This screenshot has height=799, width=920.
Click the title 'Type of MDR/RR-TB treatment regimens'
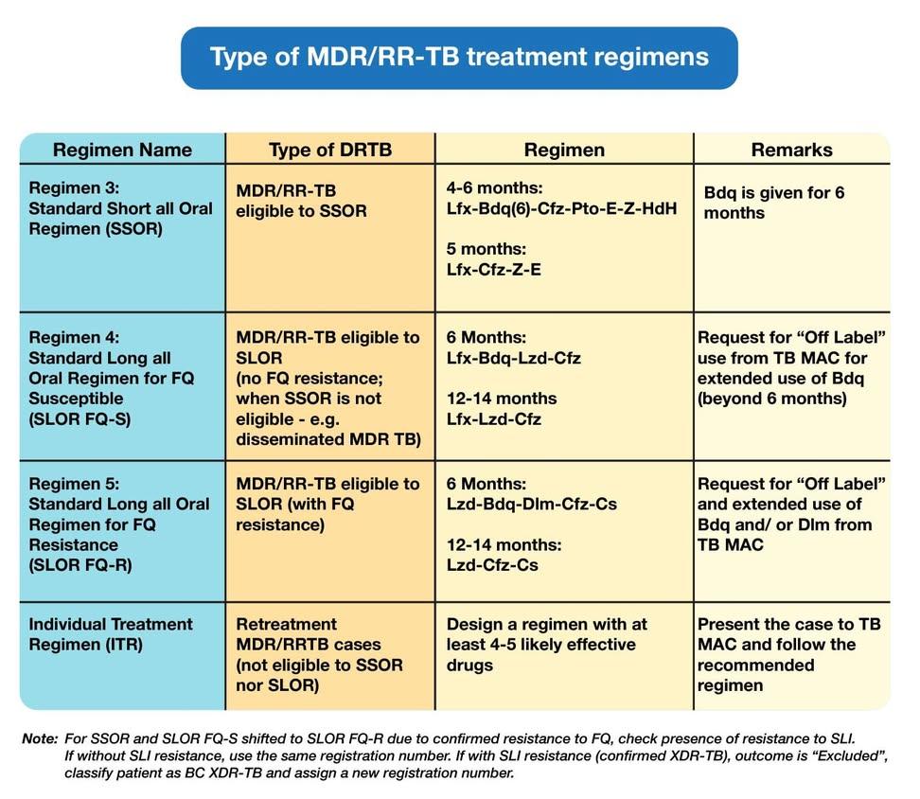[459, 57]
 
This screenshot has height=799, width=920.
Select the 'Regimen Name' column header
[122, 150]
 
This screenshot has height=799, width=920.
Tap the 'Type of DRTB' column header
[330, 150]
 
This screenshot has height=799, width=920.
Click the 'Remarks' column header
[791, 150]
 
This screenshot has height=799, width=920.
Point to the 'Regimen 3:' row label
[72, 188]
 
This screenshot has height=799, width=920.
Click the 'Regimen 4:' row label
[72, 338]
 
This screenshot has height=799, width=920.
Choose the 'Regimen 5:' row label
[72, 484]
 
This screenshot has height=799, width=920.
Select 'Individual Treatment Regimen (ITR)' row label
[110, 634]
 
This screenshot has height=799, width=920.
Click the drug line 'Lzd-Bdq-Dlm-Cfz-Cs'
[531, 504]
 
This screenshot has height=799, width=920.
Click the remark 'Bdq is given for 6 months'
[774, 203]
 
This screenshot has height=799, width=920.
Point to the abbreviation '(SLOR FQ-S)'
[75, 419]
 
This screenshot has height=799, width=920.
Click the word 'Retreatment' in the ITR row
[286, 625]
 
